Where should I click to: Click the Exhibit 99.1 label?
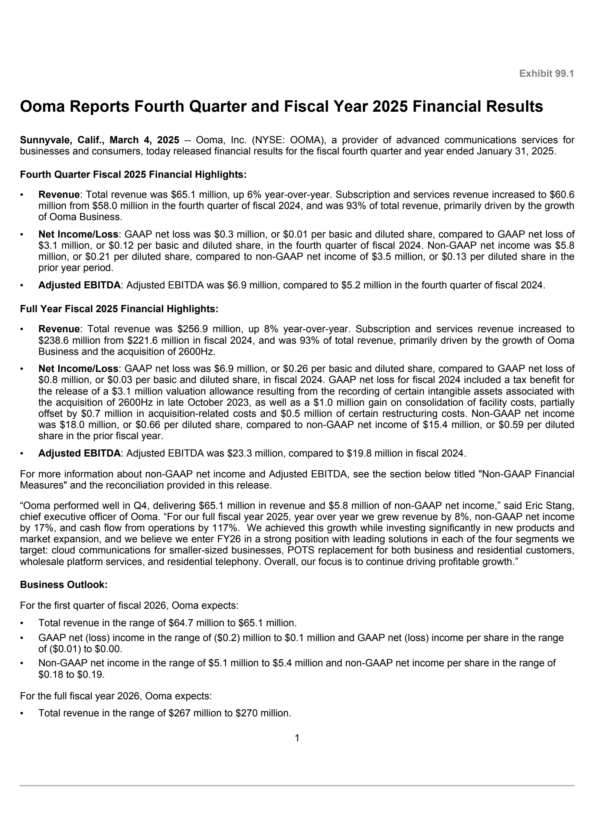[546, 74]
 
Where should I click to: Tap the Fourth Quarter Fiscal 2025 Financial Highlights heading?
[133, 174]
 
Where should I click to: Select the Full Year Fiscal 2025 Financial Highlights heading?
[119, 309]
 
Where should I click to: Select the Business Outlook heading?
[64, 585]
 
